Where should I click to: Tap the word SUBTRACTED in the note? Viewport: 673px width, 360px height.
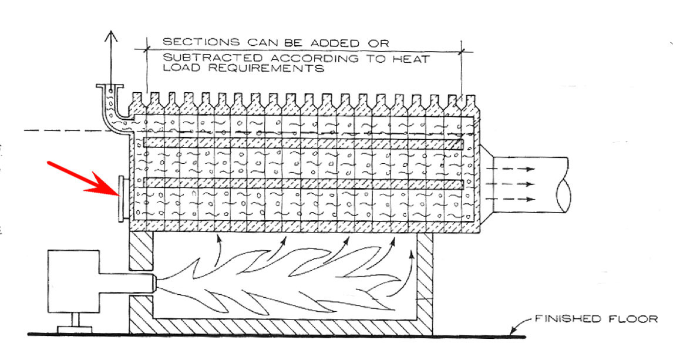tap(195, 59)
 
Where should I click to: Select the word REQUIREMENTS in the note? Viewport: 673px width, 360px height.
tap(289, 68)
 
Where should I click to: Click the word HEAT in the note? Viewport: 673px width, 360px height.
tap(415, 59)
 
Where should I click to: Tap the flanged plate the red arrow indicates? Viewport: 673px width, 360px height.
tap(120, 198)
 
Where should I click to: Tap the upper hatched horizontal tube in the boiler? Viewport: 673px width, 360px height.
tap(302, 143)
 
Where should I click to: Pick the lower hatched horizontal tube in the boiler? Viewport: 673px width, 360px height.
tap(302, 183)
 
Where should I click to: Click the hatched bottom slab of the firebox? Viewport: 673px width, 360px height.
tap(282, 325)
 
